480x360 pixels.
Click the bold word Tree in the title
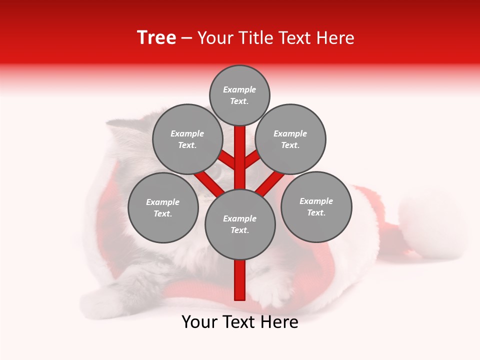coord(156,37)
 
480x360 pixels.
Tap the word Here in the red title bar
coord(335,38)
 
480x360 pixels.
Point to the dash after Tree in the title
coord(186,38)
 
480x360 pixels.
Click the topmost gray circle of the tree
coord(239,95)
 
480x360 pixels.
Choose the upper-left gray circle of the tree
coord(187,139)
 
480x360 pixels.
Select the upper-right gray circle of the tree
coord(290,139)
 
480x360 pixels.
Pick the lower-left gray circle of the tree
coord(163,207)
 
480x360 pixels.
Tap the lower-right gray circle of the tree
coord(316,206)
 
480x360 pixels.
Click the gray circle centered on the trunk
coord(240,224)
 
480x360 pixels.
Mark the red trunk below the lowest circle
coord(240,280)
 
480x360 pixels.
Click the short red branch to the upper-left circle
coord(227,159)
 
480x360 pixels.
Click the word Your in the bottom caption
coord(199,322)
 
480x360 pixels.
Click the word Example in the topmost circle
coord(239,89)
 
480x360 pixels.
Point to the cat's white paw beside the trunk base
coord(272,295)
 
